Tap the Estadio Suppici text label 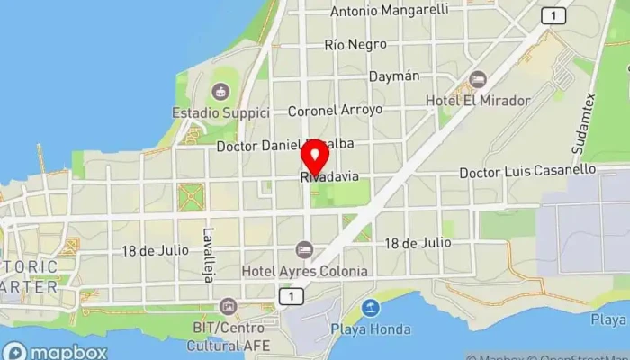point(221,113)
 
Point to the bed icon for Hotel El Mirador point(478,79)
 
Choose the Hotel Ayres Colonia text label point(305,271)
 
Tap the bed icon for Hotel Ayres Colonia point(305,249)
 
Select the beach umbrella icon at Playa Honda point(371,308)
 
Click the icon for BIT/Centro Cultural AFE point(229,308)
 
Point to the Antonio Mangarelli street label point(390,12)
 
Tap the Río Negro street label point(355,44)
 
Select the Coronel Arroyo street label point(335,110)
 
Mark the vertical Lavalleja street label point(207,254)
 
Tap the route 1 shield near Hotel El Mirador point(553,14)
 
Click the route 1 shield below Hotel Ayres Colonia point(288,295)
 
